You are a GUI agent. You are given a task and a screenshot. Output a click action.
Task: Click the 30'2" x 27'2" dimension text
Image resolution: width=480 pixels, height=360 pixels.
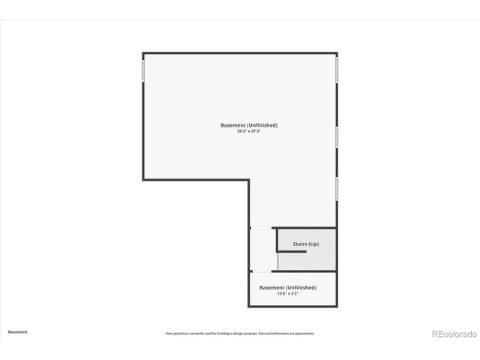click(249, 131)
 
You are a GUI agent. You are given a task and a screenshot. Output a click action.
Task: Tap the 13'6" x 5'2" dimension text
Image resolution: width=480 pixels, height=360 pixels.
click(287, 294)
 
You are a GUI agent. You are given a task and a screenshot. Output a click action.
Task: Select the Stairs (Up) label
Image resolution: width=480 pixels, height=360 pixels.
click(305, 244)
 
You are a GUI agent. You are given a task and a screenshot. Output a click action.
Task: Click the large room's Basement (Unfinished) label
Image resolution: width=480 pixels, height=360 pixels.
click(249, 124)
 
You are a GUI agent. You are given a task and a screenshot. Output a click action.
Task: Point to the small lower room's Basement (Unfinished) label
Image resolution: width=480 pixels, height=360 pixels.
click(287, 287)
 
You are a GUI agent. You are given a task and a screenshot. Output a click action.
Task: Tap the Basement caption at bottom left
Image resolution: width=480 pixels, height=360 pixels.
click(18, 331)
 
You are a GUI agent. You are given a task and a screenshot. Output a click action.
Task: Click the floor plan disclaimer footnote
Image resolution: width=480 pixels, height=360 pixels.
click(240, 333)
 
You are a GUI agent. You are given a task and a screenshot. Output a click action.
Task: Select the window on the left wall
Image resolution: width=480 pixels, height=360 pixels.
click(143, 70)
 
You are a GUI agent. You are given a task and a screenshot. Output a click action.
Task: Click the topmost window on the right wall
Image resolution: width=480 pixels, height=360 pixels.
click(337, 69)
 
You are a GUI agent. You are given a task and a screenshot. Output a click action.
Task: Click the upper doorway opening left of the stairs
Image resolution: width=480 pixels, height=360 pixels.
click(260, 228)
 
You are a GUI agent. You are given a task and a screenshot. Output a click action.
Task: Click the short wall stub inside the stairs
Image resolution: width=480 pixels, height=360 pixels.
click(292, 251)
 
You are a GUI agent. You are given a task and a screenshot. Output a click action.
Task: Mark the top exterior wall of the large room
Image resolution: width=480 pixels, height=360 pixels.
click(240, 52)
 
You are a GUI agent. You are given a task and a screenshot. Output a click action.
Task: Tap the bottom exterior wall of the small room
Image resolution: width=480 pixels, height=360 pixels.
click(292, 306)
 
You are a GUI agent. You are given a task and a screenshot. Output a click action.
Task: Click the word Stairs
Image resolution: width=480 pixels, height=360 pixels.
click(300, 244)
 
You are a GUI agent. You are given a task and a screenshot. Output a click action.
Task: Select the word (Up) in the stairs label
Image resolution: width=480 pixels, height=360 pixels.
click(313, 244)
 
